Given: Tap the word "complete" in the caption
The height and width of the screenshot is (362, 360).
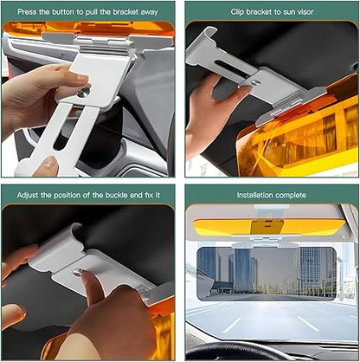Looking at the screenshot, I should [292, 194].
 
